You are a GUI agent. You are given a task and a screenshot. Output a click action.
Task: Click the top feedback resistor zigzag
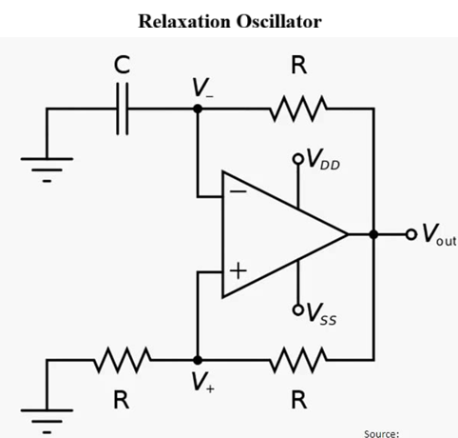(x=299, y=109)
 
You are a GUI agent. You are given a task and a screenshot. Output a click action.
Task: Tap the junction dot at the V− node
(x=197, y=109)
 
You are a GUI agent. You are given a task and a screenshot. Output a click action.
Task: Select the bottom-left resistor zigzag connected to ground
(x=122, y=360)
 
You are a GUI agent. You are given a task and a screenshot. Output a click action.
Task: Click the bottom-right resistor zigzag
(x=299, y=360)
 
